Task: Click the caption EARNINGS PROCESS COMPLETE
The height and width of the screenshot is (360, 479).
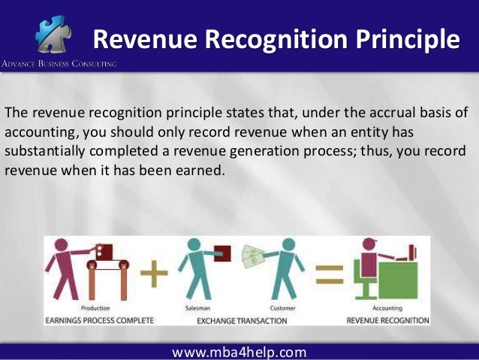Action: (99, 319)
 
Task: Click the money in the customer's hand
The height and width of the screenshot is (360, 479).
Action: (253, 257)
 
